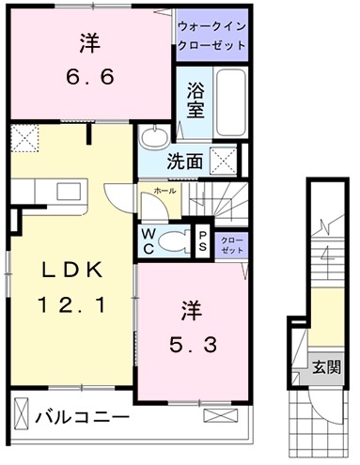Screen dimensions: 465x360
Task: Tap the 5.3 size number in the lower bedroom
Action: [x=192, y=344]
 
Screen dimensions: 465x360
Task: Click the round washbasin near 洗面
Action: [x=151, y=139]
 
